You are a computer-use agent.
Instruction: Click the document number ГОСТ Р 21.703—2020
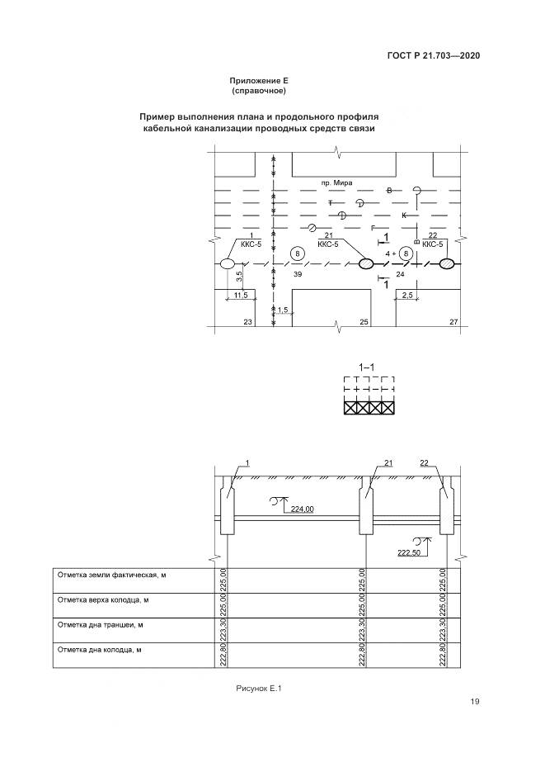(434, 55)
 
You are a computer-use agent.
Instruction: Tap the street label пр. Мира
(336, 181)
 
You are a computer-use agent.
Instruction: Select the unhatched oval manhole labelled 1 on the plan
(227, 264)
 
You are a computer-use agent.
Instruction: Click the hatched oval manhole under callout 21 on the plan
(366, 264)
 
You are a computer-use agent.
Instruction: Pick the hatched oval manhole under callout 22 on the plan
(446, 264)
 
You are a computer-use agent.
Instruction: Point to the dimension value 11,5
(241, 295)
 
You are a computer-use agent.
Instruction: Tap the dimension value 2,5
(406, 295)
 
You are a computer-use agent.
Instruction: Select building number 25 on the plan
(364, 321)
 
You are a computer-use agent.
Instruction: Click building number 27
(453, 321)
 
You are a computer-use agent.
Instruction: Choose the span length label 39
(298, 274)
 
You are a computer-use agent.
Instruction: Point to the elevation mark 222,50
(409, 552)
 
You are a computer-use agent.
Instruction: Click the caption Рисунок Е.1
(260, 688)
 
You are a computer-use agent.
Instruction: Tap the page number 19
(475, 702)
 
